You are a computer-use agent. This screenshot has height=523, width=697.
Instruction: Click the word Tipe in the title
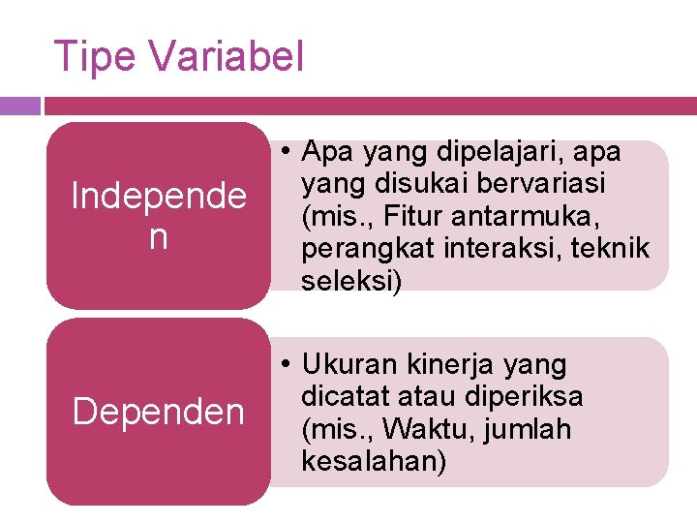coord(95,56)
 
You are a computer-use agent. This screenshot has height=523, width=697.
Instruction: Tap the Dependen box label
coord(159,412)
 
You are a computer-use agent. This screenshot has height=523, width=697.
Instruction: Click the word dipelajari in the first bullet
coord(489,152)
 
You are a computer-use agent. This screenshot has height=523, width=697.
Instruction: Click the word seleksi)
coord(350,280)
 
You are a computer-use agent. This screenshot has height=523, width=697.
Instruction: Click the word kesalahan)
coord(375,461)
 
